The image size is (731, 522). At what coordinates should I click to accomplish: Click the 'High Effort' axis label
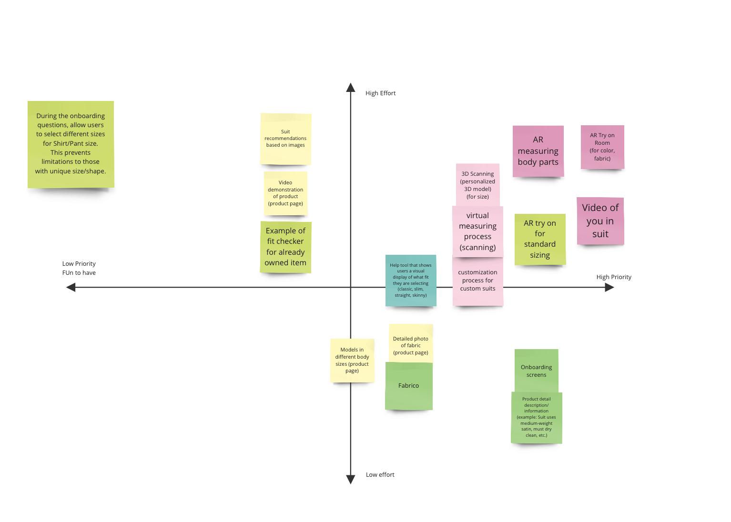(x=380, y=93)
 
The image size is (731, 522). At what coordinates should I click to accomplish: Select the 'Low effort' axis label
(x=380, y=475)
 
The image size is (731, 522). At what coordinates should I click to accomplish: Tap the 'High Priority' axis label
(x=614, y=277)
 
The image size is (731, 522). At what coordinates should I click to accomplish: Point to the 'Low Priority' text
(x=79, y=264)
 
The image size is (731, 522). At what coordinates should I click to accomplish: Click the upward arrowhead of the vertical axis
(x=351, y=87)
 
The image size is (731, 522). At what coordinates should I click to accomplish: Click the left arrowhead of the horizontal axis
(x=71, y=287)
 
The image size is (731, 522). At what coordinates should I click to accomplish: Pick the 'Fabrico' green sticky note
(x=409, y=386)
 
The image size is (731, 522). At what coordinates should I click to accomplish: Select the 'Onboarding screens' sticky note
(x=537, y=371)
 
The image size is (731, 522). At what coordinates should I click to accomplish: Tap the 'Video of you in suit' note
(x=600, y=221)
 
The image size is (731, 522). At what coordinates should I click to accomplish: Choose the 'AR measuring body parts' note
(x=538, y=151)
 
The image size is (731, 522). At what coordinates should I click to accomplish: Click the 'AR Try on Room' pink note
(x=602, y=147)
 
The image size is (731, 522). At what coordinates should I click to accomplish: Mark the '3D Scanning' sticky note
(x=477, y=185)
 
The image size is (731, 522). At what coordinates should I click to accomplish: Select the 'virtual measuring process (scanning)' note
(x=477, y=231)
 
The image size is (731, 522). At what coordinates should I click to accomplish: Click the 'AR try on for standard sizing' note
(x=540, y=239)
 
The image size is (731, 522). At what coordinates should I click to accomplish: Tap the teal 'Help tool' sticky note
(x=411, y=281)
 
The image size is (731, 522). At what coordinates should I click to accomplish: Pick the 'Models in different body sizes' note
(x=352, y=360)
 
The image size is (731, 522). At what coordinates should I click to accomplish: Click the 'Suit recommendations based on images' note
(x=285, y=139)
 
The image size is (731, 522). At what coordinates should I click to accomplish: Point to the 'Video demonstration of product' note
(x=285, y=193)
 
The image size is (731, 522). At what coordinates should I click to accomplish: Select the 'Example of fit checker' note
(x=285, y=247)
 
